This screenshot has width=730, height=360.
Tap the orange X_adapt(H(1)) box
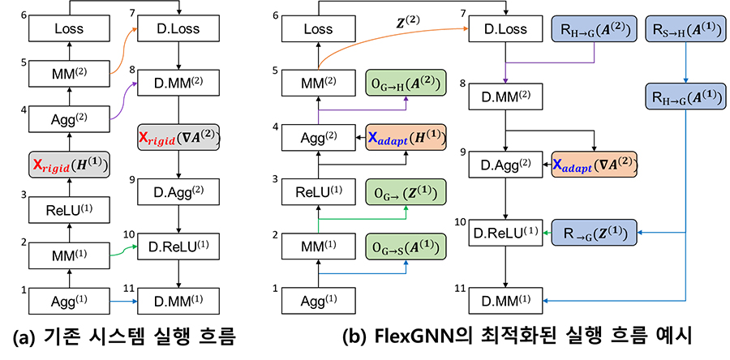point(406,138)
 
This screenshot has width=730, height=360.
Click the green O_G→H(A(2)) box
point(406,84)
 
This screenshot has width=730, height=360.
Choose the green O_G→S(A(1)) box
point(406,246)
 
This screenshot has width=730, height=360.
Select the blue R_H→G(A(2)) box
point(592,30)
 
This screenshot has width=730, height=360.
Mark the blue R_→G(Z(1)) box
point(593,232)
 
